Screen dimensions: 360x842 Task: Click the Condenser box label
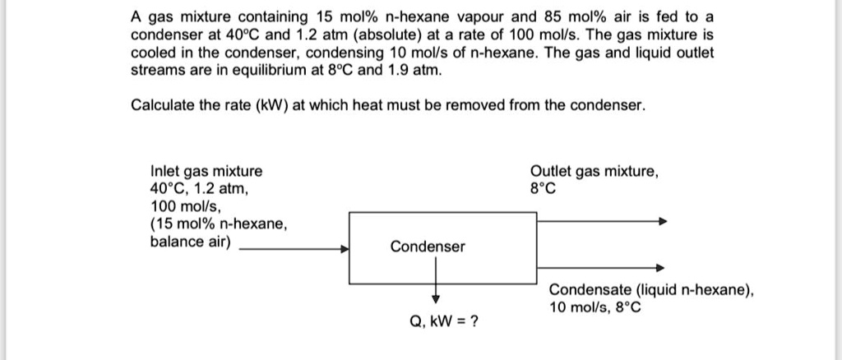pos(427,247)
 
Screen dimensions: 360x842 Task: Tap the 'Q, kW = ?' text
pos(445,321)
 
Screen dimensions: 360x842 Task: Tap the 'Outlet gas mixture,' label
pos(594,172)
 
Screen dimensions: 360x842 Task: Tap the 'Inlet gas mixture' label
pos(206,172)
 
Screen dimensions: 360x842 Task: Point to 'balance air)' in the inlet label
pos(191,242)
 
